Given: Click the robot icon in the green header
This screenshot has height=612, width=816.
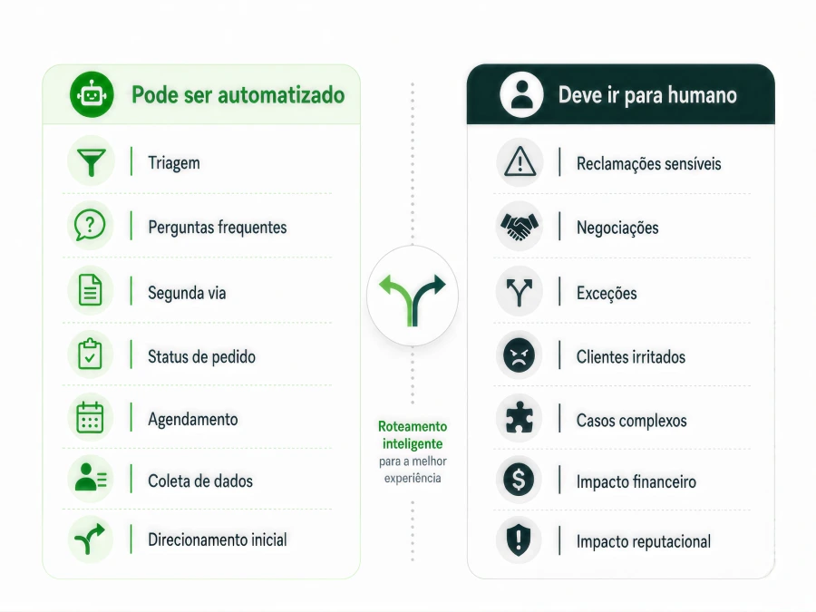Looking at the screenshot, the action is [92, 94].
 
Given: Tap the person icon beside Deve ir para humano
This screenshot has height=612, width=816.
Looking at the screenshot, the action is [521, 94].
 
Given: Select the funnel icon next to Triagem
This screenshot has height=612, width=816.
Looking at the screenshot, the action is [91, 162].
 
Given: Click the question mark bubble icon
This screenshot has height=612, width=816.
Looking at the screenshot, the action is [90, 226].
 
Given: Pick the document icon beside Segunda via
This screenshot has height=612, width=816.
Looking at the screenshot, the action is [90, 290].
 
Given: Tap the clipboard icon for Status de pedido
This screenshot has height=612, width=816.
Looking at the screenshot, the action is [90, 354].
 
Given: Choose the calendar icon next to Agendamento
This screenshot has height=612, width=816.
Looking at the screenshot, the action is [90, 417].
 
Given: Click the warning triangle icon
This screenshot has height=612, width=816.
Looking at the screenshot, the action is [520, 161].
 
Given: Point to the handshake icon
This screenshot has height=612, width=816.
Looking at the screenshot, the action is [519, 227].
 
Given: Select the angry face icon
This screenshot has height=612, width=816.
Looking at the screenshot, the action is [519, 355].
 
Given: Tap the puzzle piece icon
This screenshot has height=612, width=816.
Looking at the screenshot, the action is [519, 418].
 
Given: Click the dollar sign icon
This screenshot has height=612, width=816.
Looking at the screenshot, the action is [519, 479].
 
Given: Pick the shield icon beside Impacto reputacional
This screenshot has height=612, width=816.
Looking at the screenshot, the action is [519, 539].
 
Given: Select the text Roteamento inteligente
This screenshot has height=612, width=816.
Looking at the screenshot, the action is [413, 435].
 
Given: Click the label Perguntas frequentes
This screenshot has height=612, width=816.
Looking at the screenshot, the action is [218, 228].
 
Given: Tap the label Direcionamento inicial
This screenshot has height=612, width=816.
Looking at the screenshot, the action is [218, 539].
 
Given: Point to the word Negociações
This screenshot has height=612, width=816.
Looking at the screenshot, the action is [617, 228].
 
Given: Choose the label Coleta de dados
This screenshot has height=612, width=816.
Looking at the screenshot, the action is [200, 481].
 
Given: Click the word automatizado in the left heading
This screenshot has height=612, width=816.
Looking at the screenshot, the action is [282, 95].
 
